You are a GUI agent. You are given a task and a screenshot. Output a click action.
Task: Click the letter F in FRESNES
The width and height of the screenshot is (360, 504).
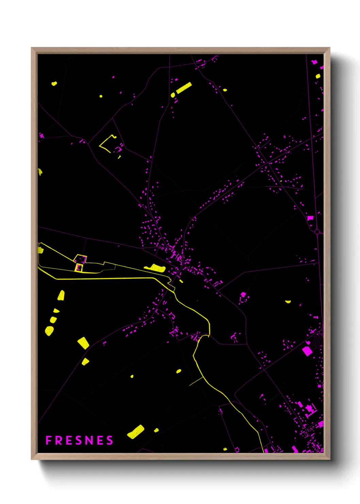[48, 440]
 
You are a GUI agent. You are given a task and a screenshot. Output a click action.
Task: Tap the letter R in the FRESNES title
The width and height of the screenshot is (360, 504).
[58, 440]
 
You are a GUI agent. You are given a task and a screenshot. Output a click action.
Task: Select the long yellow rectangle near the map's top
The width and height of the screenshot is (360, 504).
[184, 88]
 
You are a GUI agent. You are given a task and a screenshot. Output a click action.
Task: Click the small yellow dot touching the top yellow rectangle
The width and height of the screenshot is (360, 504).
[173, 95]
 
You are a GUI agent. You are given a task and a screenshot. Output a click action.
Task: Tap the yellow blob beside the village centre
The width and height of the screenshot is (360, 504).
[156, 268]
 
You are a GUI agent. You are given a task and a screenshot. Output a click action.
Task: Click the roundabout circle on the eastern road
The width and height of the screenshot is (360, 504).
[317, 232]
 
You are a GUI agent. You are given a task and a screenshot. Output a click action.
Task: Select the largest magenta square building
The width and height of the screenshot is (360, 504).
[307, 351]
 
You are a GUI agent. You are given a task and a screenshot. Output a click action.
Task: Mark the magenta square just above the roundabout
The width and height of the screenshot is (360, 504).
[310, 218]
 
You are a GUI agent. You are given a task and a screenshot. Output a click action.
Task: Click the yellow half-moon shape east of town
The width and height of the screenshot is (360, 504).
[288, 301]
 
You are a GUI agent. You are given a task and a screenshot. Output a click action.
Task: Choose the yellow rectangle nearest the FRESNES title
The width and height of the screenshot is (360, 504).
[136, 431]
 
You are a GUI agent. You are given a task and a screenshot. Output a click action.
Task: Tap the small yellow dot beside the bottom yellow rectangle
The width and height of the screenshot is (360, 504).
[156, 430]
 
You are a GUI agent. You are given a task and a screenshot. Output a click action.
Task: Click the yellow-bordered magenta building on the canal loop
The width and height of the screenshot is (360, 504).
[79, 268]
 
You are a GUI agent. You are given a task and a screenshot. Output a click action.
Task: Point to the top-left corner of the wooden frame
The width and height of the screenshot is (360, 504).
[32, 48]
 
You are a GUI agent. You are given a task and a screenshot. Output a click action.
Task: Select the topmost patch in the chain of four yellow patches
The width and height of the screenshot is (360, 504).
[61, 295]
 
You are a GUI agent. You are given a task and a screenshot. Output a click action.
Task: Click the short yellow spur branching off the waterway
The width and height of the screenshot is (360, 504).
[196, 382]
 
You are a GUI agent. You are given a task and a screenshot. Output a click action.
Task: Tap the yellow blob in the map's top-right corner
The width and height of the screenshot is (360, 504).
[318, 76]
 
